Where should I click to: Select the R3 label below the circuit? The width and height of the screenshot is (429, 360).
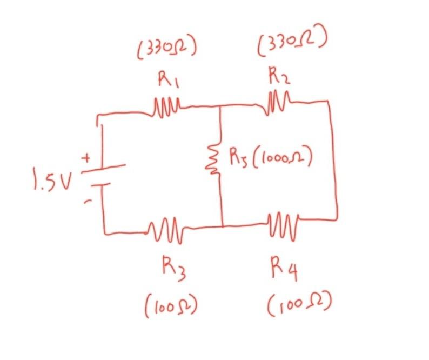(174, 268)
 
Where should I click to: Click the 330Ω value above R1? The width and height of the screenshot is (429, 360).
(166, 50)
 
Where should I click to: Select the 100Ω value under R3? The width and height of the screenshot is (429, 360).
(169, 307)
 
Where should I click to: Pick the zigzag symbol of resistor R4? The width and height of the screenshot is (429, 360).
(283, 223)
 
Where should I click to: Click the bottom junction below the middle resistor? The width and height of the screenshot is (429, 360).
(222, 226)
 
